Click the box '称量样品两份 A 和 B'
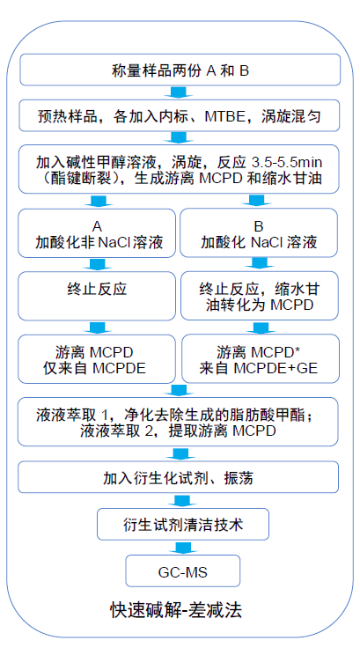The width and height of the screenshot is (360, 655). tap(180, 70)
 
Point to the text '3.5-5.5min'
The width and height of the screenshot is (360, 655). tap(287, 162)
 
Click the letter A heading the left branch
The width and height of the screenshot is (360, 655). tap(97, 226)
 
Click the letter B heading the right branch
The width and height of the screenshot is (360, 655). tap(259, 226)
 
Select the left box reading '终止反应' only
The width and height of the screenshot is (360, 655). tap(97, 296)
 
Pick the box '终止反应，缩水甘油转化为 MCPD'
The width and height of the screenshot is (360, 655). tap(260, 296)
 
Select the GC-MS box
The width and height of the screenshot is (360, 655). tap(183, 571)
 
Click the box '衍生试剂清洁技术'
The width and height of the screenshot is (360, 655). tap(183, 524)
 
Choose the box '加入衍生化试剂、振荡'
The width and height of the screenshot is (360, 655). tap(178, 477)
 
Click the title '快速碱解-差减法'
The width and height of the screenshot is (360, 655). tap(176, 610)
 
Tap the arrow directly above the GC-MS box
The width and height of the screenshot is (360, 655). tap(183, 548)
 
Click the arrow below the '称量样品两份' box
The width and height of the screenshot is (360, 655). tap(178, 92)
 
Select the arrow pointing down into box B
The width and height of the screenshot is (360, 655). tap(260, 202)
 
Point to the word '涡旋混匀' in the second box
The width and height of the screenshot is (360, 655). tap(291, 116)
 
